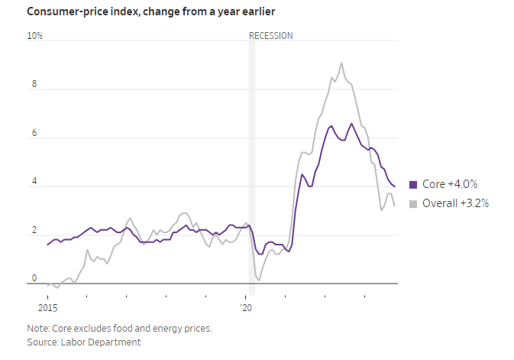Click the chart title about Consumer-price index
(150, 11)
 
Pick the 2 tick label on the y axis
(33, 232)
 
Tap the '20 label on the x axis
(246, 308)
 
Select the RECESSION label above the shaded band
(271, 36)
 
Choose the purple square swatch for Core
(413, 184)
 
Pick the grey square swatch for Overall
(413, 203)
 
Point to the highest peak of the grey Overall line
(341, 63)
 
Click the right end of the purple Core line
(394, 186)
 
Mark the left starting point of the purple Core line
(47, 245)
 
